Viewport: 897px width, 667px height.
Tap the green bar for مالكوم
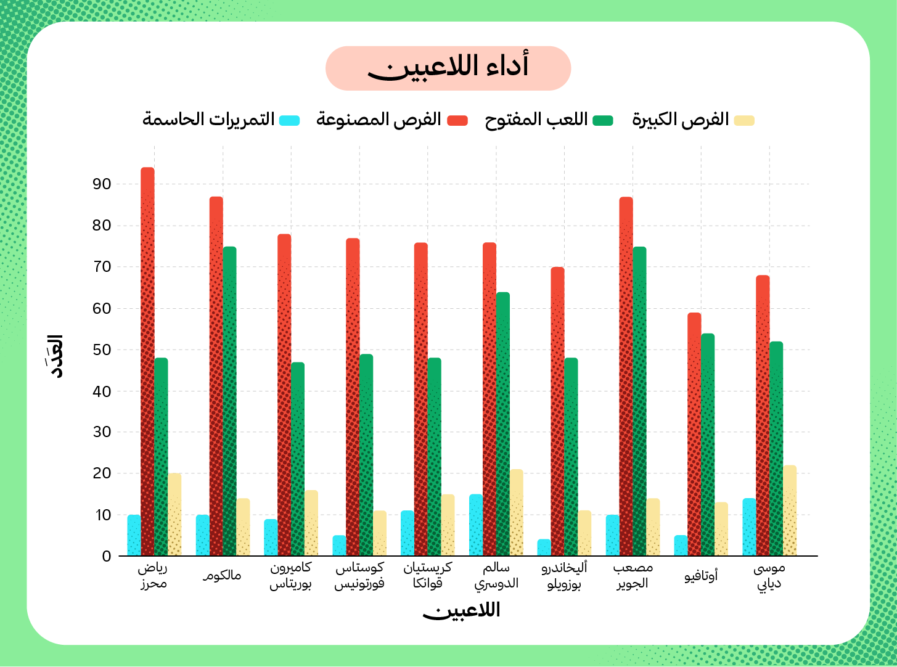(229, 401)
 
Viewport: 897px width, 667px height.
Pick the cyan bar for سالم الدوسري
(476, 525)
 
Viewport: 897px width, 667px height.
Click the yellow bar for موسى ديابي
(790, 510)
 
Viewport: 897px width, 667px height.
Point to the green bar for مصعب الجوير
(639, 401)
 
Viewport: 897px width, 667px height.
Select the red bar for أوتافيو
(694, 435)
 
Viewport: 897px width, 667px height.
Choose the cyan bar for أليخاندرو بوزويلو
(544, 547)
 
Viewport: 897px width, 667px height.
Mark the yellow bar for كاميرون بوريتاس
(311, 523)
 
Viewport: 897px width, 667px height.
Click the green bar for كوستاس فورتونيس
(366, 455)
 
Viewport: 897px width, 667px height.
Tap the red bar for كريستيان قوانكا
(421, 399)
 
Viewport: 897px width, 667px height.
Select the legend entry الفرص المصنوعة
(391, 120)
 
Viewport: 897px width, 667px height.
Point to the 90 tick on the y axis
(102, 184)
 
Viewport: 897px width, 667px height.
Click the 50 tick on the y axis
(102, 350)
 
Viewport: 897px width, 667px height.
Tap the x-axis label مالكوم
(223, 576)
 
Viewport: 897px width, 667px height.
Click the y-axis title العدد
(56, 356)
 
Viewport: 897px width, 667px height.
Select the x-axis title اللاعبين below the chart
(461, 611)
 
